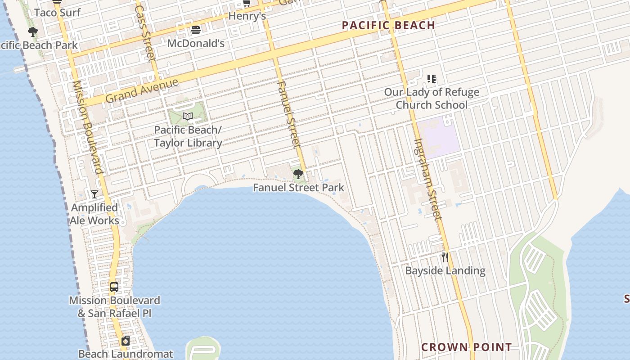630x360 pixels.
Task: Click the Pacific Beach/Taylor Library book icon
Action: click(188, 117)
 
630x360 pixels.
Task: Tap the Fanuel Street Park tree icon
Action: click(298, 174)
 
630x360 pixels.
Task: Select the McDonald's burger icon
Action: click(196, 30)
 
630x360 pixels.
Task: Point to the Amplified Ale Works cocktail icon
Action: click(94, 194)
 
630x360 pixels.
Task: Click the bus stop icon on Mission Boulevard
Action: click(114, 287)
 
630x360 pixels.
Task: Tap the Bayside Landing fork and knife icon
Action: click(445, 257)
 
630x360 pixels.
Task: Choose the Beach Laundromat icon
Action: click(126, 341)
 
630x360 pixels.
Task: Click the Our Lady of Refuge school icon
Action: click(432, 79)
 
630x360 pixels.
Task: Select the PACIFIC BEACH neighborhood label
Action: click(388, 25)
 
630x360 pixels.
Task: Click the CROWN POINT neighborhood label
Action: click(466, 347)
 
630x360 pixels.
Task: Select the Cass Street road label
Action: click(145, 33)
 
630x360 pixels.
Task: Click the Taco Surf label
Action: click(57, 13)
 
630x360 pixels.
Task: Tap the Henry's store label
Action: click(247, 16)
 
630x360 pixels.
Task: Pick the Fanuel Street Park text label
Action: click(298, 188)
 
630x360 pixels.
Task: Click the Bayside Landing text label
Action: click(445, 270)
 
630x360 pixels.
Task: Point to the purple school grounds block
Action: click(437, 137)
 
